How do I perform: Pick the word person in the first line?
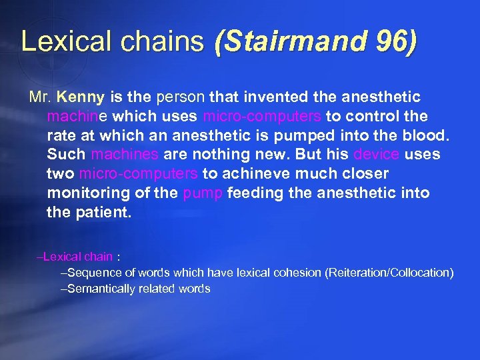click(x=178, y=97)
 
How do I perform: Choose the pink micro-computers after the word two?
click(x=138, y=174)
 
